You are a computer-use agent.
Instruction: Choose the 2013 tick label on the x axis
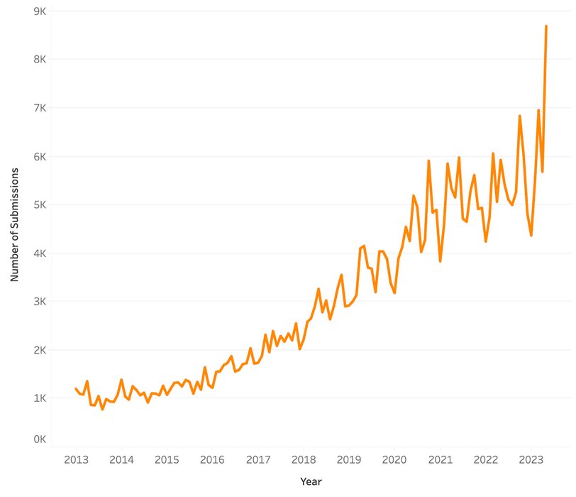tap(76, 459)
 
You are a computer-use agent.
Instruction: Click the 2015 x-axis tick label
tap(167, 459)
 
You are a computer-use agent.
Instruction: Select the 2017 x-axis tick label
tap(257, 459)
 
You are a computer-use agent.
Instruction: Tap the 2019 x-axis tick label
tap(349, 459)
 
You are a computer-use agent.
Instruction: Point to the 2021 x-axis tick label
tap(440, 459)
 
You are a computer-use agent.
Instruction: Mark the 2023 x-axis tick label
tap(531, 459)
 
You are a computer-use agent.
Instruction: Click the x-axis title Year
tap(311, 481)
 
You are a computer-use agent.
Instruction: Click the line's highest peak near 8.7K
tap(546, 26)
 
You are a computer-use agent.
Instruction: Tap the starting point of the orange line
tap(76, 388)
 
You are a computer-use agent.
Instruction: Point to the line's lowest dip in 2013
tap(102, 409)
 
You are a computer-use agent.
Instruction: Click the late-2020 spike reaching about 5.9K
tap(428, 161)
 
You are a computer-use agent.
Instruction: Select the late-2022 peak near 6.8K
tap(520, 116)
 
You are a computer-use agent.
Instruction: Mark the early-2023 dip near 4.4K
tap(531, 235)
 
